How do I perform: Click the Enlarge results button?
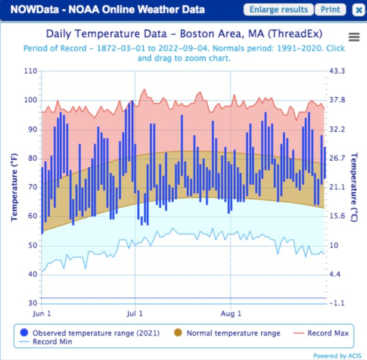point(278,10)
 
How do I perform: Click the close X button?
point(358,10)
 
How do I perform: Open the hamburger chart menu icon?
point(354,38)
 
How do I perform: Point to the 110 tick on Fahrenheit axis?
point(30,71)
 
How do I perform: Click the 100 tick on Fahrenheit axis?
point(30,100)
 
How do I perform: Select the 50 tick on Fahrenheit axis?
point(32,246)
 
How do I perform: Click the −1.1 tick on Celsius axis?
point(337,304)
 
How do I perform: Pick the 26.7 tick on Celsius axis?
point(337,158)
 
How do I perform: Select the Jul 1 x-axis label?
point(135,313)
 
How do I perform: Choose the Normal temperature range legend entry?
point(233,333)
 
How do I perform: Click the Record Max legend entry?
point(328,333)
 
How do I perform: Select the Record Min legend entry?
point(52,342)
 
